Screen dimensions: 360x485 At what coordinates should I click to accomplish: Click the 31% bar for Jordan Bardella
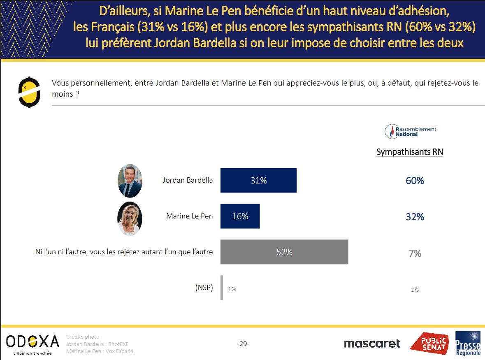pyautogui.click(x=258, y=180)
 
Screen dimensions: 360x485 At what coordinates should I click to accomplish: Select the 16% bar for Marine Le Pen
pyautogui.click(x=240, y=216)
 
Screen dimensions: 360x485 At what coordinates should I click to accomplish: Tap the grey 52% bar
pyautogui.click(x=284, y=252)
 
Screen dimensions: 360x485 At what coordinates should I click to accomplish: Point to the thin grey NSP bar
pyautogui.click(x=222, y=288)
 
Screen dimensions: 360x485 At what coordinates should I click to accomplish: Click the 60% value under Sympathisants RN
pyautogui.click(x=415, y=181)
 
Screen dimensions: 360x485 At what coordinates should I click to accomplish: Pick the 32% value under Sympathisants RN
pyautogui.click(x=415, y=217)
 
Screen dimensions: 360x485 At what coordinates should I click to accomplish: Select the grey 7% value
pyautogui.click(x=415, y=253)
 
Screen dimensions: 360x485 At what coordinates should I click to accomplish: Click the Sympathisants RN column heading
pyautogui.click(x=409, y=152)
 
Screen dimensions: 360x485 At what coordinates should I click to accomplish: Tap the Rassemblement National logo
pyautogui.click(x=410, y=131)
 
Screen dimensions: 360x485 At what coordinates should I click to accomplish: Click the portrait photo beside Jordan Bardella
pyautogui.click(x=130, y=181)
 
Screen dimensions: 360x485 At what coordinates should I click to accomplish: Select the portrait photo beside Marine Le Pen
pyautogui.click(x=130, y=218)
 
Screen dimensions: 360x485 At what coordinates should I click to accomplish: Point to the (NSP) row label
pyautogui.click(x=204, y=288)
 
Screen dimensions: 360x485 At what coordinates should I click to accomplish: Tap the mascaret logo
pyautogui.click(x=372, y=344)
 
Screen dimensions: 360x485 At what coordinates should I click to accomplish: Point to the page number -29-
pyautogui.click(x=243, y=344)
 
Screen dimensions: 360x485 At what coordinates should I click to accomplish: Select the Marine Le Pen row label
pyautogui.click(x=189, y=216)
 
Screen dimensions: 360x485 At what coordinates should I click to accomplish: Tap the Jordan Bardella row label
pyautogui.click(x=188, y=180)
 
